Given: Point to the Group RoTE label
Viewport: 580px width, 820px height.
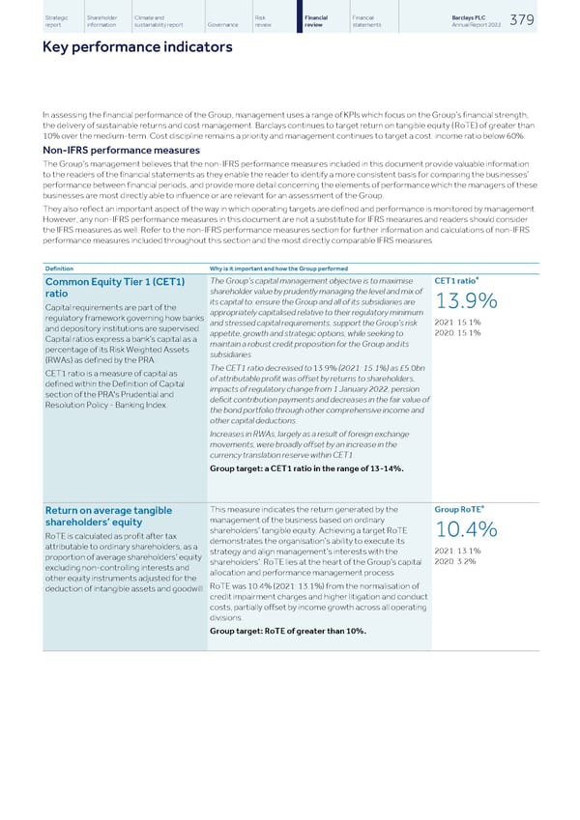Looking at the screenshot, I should click(x=457, y=509).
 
